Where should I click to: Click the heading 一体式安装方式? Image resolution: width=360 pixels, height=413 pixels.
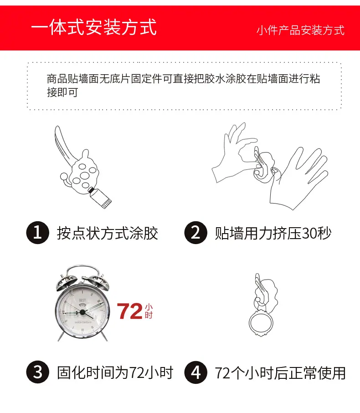tap(94, 27)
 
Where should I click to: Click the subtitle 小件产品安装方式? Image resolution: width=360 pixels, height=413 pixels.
tap(300, 31)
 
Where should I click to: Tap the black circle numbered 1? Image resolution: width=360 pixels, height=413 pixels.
tap(38, 233)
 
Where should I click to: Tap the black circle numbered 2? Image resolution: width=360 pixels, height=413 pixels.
tap(196, 233)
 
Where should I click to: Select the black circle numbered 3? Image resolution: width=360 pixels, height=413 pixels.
tap(38, 372)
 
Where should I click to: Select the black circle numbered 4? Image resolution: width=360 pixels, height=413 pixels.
tap(196, 372)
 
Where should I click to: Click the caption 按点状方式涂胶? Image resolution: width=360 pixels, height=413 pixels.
tap(108, 233)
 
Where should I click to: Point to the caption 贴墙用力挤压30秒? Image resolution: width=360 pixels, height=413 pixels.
tap(273, 233)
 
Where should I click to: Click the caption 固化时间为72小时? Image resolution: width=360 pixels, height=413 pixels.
tap(115, 372)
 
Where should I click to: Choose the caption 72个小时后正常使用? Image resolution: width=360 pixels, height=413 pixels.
tap(280, 372)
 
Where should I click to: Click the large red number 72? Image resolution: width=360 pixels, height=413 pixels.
tap(130, 311)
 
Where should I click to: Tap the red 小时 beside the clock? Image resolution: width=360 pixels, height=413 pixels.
tap(149, 311)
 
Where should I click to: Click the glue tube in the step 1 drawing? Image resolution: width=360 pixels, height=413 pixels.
tap(100, 197)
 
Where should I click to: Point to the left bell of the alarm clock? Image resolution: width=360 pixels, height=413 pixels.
tap(65, 282)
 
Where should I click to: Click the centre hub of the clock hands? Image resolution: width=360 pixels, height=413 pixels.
tap(82, 312)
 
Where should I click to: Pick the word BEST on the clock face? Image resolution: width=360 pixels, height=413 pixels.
tap(82, 300)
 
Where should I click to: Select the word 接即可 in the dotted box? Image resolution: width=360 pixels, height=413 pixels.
tap(62, 92)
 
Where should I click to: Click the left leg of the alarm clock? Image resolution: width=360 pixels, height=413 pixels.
tap(61, 336)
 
